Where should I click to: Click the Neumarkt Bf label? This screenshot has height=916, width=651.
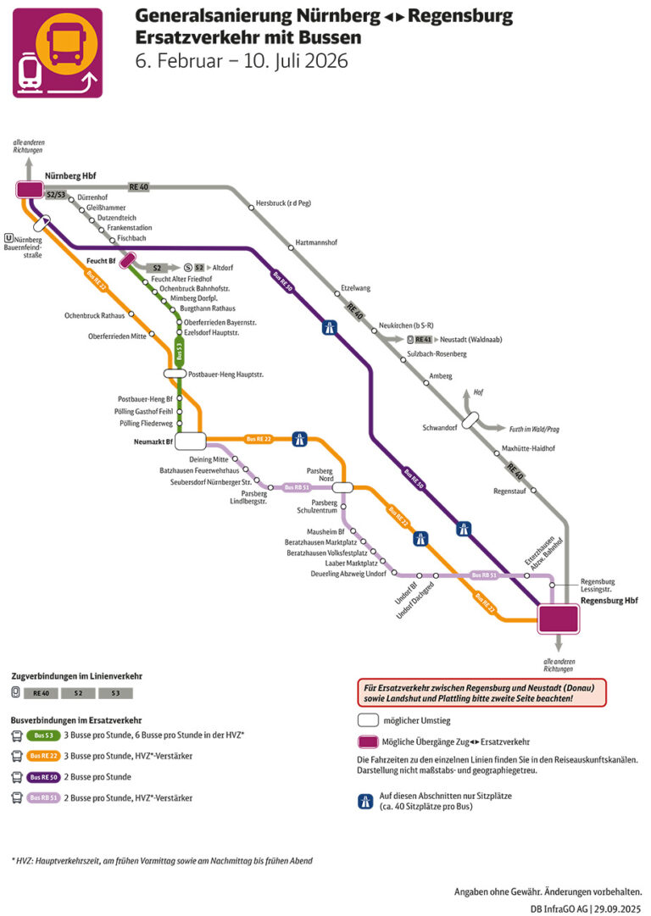coord(153,441)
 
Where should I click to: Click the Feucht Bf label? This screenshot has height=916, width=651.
coord(101,260)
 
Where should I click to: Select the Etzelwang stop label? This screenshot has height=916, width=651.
coord(355,288)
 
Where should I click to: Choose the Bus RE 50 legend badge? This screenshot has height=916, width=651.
coord(43,776)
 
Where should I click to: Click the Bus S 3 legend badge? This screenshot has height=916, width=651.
coord(42,735)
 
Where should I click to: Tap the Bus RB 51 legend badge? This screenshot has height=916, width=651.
coord(43,797)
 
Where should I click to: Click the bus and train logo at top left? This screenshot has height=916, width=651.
coord(57,53)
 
